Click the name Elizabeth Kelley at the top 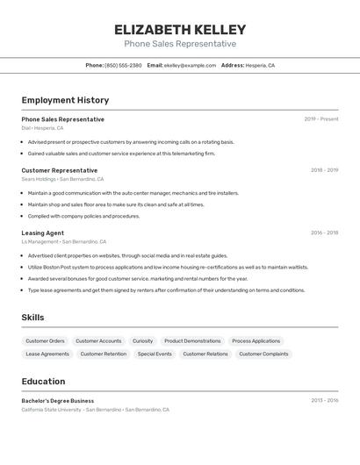coord(179,29)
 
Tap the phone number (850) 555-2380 coord(123,65)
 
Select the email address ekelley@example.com coord(190,65)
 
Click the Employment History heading coord(65,100)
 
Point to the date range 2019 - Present coord(320,119)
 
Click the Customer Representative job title coord(60,170)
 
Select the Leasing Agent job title coord(42,232)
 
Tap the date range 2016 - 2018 coord(324,232)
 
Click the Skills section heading coord(32,318)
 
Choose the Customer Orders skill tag coord(45,340)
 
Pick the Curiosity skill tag coord(142,340)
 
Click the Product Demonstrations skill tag coord(192,340)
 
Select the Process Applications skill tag coord(256,340)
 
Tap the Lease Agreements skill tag coord(47,354)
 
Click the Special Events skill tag coord(155,354)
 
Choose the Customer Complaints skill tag coord(263,354)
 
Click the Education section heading coord(43,382)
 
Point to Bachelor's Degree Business coord(58,400)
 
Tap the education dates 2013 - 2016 coord(324,400)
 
